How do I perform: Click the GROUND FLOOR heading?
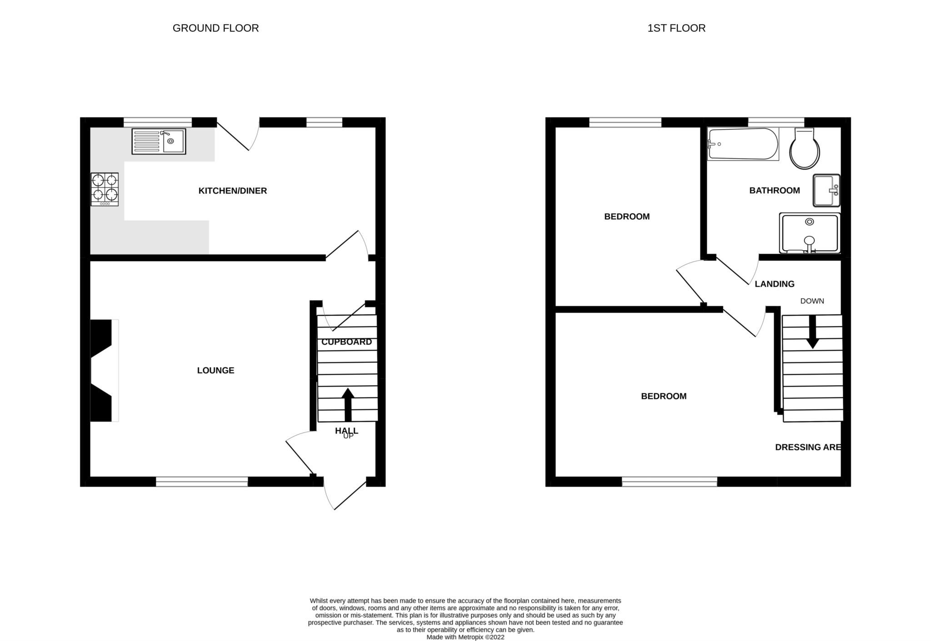click(x=215, y=28)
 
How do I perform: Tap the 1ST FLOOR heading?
click(x=676, y=28)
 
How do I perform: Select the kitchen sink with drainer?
click(x=159, y=141)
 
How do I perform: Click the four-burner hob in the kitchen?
click(x=105, y=189)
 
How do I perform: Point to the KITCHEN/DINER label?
click(x=233, y=191)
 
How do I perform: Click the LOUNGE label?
click(x=215, y=371)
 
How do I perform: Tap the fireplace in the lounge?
click(x=105, y=371)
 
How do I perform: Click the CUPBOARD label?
click(x=347, y=342)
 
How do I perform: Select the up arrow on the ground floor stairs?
click(x=348, y=404)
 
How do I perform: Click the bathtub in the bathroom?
click(x=743, y=144)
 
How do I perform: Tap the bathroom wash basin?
click(x=826, y=190)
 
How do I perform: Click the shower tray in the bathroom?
click(x=810, y=233)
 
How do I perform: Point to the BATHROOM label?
click(x=775, y=191)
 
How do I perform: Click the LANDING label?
click(x=775, y=284)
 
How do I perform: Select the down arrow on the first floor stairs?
click(x=812, y=332)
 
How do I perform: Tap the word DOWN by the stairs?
click(x=812, y=301)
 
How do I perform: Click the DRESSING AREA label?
click(x=808, y=447)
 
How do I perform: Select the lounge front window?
click(x=202, y=482)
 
